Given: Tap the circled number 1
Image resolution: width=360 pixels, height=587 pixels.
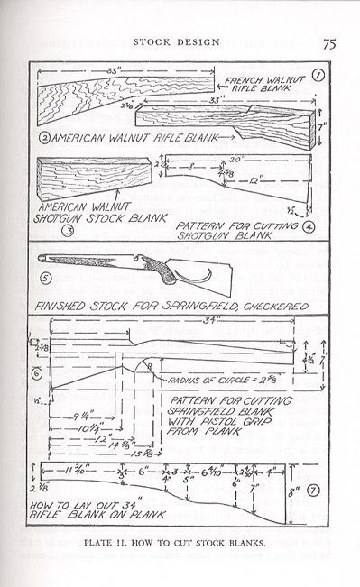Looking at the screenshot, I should pos(317,76).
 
